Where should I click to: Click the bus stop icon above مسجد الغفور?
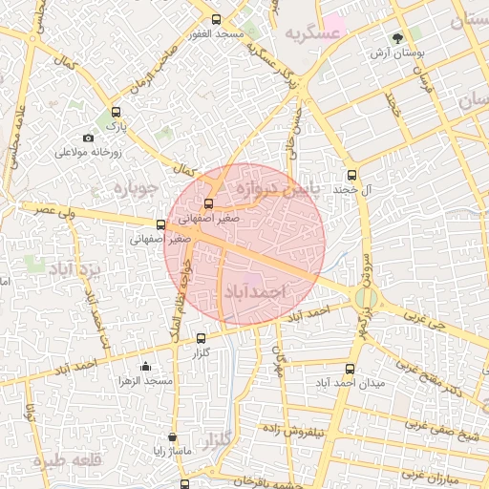click(x=217, y=19)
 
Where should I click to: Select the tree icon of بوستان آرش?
click(x=398, y=38)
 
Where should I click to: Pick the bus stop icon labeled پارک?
click(x=117, y=112)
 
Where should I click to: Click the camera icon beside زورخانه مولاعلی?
click(x=89, y=138)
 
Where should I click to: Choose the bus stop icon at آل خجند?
click(x=351, y=175)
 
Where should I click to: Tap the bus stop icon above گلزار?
click(x=201, y=338)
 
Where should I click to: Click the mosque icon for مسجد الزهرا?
click(x=145, y=366)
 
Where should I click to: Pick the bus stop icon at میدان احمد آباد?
click(x=350, y=368)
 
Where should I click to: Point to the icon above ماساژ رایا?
click(x=172, y=436)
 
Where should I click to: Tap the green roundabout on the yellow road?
click(x=364, y=298)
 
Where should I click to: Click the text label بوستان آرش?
click(x=398, y=55)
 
